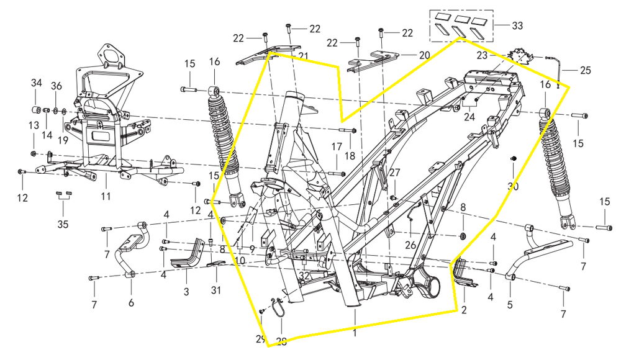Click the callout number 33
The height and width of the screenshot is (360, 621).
517,26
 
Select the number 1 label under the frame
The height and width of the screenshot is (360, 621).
355,333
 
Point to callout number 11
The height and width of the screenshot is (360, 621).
106,197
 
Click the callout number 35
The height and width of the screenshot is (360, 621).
61,224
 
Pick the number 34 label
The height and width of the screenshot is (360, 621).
37,83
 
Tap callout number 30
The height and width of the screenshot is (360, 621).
513,187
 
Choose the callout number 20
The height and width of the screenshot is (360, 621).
424,55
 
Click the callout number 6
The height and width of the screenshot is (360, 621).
130,304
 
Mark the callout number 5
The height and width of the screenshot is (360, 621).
510,305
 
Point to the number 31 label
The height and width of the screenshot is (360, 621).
215,290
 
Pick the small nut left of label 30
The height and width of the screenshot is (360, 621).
514,160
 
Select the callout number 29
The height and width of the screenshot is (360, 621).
260,339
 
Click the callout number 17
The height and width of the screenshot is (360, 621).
336,146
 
